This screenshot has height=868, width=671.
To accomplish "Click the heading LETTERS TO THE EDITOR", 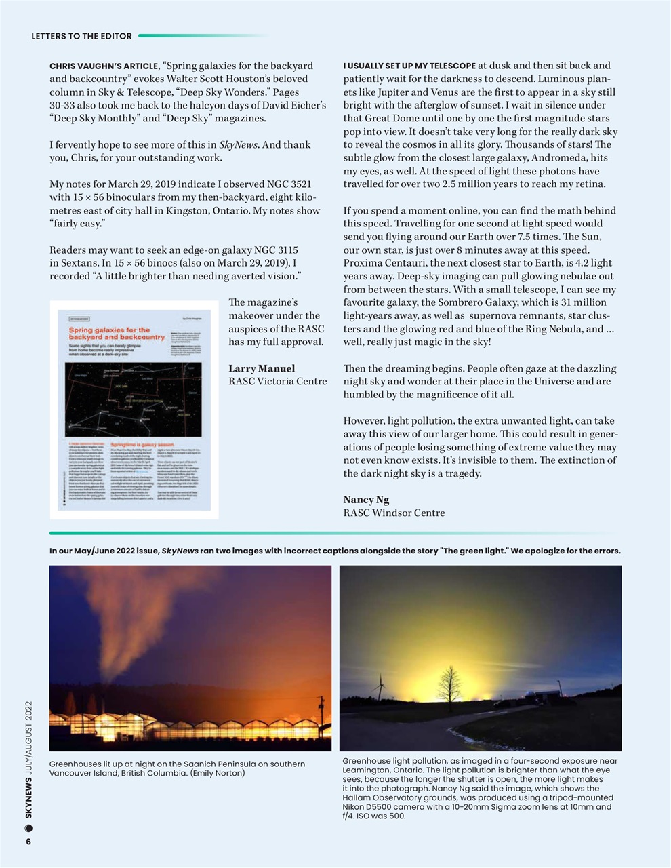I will point(81,36).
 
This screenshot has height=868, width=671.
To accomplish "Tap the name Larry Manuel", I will point(262,368).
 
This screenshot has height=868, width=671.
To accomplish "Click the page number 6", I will point(28,842).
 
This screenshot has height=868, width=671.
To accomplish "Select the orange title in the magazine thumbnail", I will point(117,333).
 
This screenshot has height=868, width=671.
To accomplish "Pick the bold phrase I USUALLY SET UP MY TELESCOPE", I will point(409,66).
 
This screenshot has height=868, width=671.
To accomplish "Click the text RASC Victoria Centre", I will point(277,381).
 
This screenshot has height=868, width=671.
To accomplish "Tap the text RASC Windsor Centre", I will point(394,513).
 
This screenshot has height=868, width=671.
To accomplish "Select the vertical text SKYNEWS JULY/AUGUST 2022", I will point(29,759).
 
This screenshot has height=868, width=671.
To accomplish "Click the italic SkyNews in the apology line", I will point(180,551).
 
